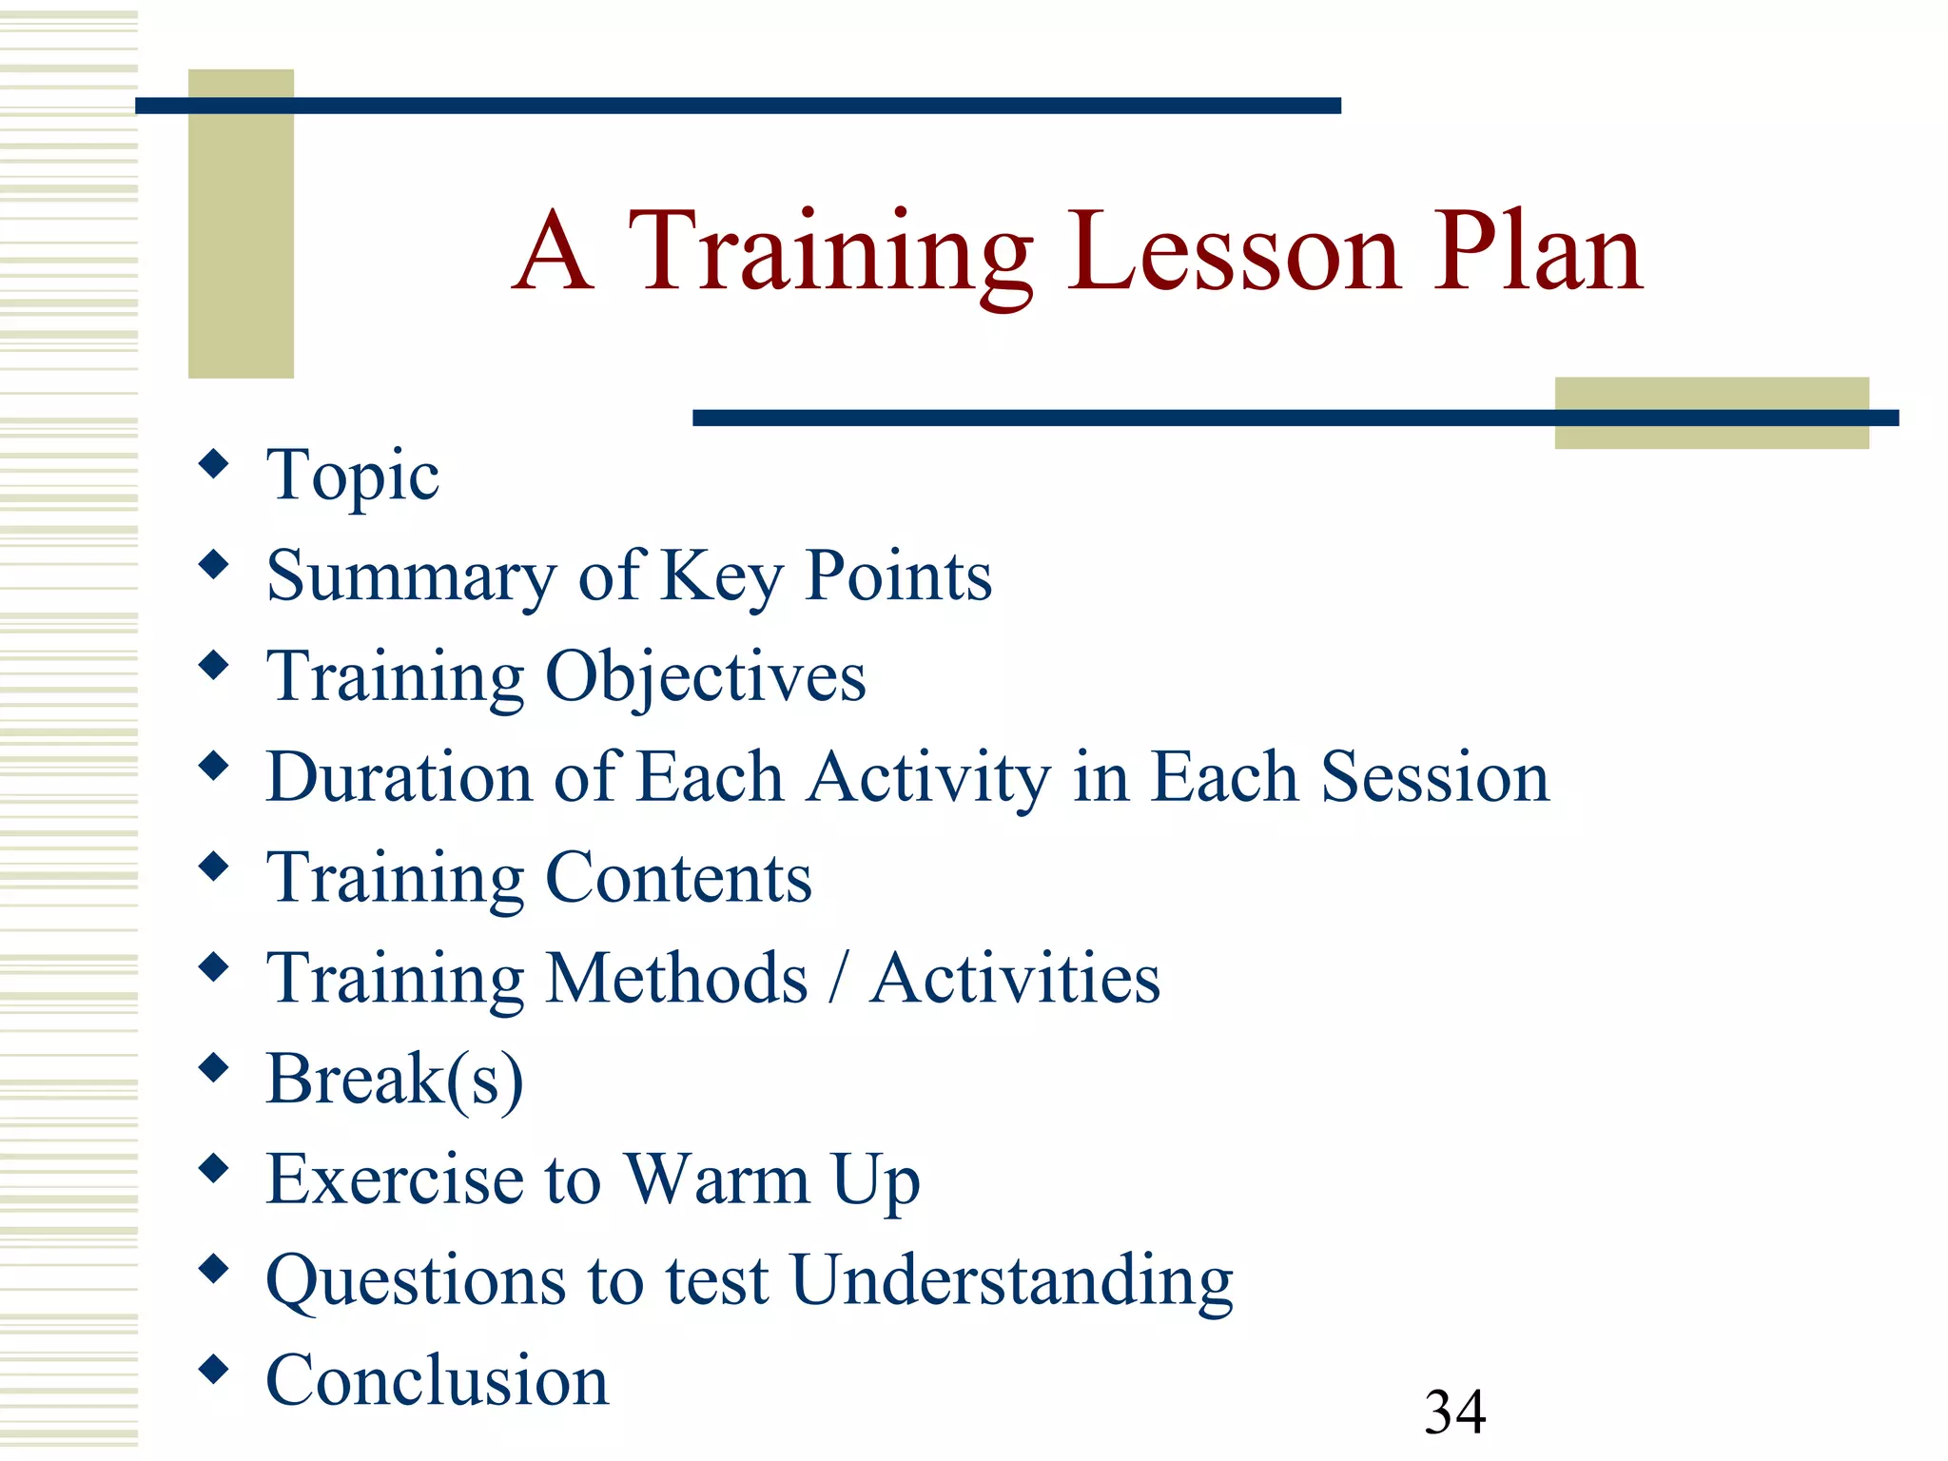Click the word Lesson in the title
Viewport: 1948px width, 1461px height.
(1234, 251)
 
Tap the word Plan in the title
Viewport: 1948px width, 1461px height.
(1538, 251)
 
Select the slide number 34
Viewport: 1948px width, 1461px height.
(1454, 1412)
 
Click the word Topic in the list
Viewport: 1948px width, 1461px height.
(352, 476)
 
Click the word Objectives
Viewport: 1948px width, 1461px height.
(705, 677)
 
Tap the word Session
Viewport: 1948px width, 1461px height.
(1434, 777)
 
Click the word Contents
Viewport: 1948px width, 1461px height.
(678, 878)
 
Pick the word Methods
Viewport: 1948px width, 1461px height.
(677, 979)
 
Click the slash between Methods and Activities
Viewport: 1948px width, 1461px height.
(837, 980)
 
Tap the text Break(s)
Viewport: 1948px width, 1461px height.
(395, 1080)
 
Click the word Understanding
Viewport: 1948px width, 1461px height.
(1011, 1280)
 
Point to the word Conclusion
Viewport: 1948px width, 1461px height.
(437, 1381)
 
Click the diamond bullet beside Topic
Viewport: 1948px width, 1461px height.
(214, 464)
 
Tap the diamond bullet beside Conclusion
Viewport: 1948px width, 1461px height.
(214, 1370)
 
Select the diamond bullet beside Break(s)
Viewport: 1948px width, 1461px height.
(214, 1068)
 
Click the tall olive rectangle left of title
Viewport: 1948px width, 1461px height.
(241, 238)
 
